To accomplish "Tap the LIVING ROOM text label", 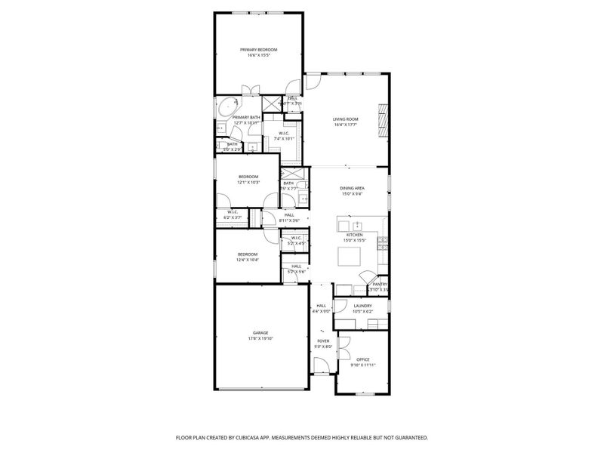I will (346, 119).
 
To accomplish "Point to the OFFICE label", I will (362, 359).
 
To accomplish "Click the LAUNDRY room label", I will (362, 306).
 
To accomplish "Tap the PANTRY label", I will (379, 285).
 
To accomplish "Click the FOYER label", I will (322, 341).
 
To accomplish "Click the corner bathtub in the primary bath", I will (224, 107).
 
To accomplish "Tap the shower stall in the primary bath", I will (270, 104).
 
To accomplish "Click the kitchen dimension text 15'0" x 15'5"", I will (355, 241).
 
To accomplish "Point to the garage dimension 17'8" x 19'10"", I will (260, 338).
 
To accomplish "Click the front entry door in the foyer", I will (321, 367).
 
